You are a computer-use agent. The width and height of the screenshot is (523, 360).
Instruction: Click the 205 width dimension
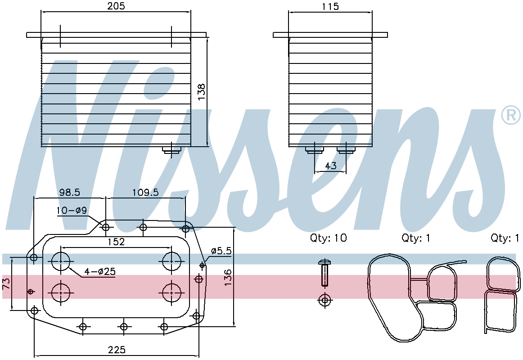point(117,6)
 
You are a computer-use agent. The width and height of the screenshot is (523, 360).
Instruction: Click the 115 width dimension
point(330,6)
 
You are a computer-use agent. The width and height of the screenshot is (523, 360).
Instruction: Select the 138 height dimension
point(201,92)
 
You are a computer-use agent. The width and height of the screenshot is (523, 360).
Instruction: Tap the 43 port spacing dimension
point(330,165)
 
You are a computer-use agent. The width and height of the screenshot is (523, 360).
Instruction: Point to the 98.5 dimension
point(69,192)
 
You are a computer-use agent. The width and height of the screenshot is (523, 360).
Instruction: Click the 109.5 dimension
point(145,192)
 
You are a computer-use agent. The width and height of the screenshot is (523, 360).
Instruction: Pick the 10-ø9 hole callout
point(72,210)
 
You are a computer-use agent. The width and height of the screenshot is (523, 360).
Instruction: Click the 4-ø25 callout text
point(100,271)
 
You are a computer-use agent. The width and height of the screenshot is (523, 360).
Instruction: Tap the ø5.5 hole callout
point(221,251)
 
